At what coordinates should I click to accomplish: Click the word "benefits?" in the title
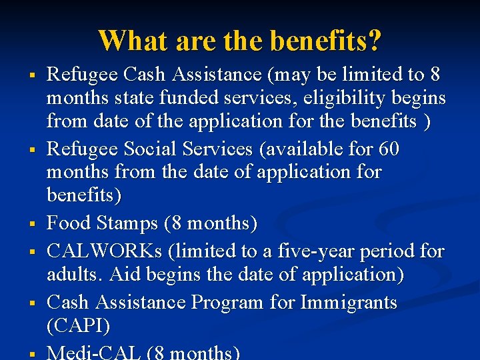pyautogui.click(x=326, y=41)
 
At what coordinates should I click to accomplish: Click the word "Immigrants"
pyautogui.click(x=349, y=302)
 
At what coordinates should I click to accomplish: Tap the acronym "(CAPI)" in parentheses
pyautogui.click(x=78, y=326)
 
